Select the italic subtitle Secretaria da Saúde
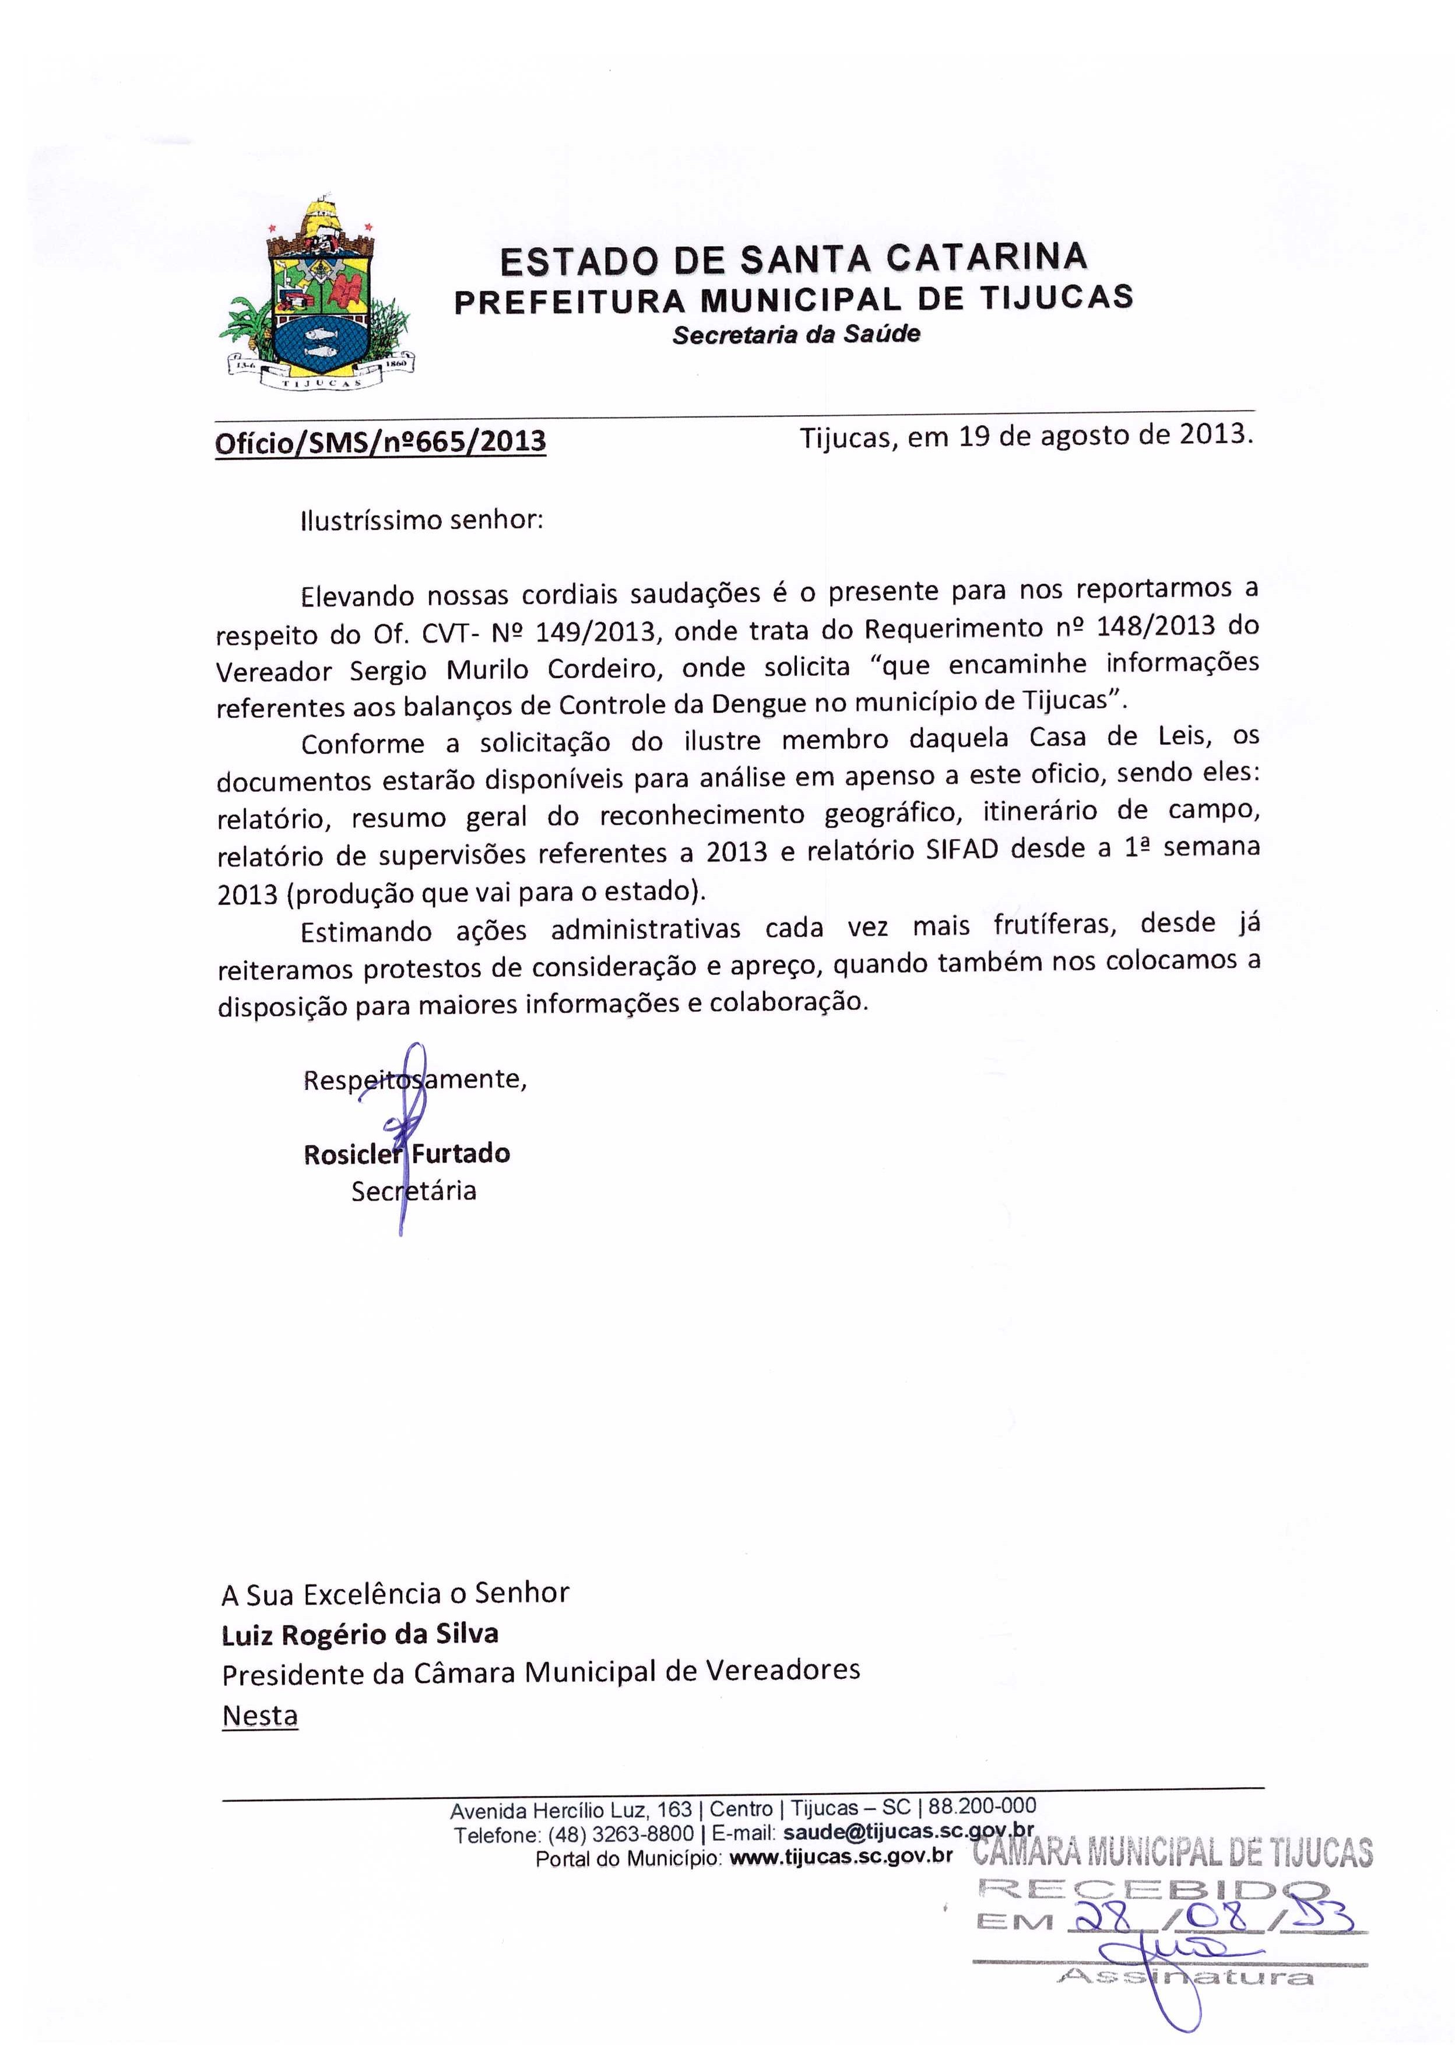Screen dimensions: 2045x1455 point(796,334)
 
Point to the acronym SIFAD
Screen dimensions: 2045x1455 point(962,850)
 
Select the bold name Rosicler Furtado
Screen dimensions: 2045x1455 point(407,1153)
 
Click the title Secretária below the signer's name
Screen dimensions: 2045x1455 point(413,1191)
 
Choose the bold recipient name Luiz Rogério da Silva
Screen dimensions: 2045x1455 point(360,1634)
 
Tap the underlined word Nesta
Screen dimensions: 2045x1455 point(260,1715)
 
